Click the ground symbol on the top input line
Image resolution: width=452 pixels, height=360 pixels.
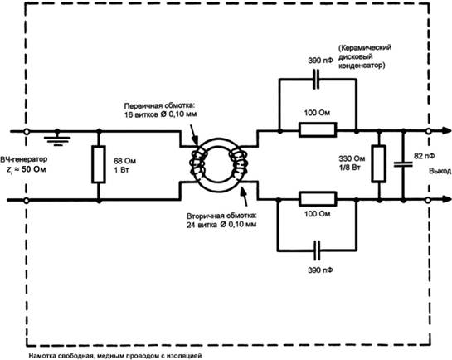[x=57, y=139]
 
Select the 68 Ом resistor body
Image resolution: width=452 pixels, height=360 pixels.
[x=99, y=164]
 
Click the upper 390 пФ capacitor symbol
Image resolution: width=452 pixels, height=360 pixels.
[x=316, y=79]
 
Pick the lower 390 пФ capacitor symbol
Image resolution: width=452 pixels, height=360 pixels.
[x=317, y=251]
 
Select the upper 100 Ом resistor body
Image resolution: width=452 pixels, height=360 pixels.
[x=318, y=129]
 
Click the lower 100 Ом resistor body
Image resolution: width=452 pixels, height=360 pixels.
[x=318, y=199]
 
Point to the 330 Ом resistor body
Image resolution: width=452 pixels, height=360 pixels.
[x=378, y=164]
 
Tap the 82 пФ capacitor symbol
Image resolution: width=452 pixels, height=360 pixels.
[x=403, y=164]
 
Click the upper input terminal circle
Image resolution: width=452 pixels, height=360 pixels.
[x=27, y=131]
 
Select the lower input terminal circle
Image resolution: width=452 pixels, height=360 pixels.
[x=27, y=200]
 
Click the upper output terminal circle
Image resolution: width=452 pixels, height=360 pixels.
[x=428, y=131]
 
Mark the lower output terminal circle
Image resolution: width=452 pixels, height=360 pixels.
[x=428, y=200]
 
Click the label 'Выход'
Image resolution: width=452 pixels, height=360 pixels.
[x=440, y=171]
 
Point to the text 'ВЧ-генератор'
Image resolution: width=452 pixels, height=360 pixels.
[x=24, y=159]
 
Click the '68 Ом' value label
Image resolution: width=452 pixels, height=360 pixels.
[x=124, y=161]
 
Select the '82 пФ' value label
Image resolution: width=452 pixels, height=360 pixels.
[x=425, y=156]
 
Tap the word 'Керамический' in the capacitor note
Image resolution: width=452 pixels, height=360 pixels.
[x=365, y=47]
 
